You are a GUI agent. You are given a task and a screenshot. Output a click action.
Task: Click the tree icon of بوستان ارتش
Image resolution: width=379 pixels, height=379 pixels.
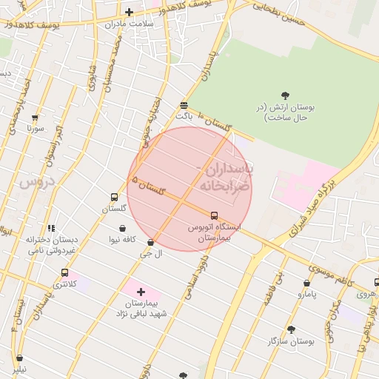pos(286,95)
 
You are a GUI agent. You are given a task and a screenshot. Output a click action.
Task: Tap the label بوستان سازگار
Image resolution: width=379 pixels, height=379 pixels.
pos(293,342)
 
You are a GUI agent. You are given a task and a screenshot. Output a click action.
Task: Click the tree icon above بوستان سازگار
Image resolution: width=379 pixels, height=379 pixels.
pos(291,329)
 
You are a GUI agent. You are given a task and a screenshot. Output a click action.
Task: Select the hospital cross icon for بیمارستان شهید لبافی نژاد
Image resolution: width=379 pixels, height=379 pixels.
pos(141,292)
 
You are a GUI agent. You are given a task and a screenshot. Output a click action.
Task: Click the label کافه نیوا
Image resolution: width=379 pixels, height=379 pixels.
pos(124,239)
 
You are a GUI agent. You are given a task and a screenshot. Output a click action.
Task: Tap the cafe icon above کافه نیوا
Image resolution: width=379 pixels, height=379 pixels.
pos(121,228)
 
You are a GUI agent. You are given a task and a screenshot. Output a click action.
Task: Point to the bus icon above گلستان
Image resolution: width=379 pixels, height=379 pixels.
pos(114,197)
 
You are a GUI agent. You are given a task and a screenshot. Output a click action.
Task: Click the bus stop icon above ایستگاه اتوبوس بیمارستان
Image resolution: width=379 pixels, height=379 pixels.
pos(215,215)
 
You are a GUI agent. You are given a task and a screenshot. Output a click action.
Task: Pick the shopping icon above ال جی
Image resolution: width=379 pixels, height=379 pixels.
pos(151,242)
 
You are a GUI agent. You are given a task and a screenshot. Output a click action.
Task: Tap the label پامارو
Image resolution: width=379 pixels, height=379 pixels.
pos(306,295)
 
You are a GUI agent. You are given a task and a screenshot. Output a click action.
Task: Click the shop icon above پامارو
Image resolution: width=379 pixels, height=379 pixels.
pos(306,283)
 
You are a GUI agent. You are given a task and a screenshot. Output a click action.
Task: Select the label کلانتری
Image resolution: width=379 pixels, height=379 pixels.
pos(64,284)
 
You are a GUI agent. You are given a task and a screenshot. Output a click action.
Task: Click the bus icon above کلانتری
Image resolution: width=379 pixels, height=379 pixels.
pos(65,272)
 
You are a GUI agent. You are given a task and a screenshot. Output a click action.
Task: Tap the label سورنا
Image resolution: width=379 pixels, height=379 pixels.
pos(35,128)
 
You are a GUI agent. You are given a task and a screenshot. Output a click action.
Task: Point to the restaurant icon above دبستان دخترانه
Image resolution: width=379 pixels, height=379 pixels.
pos(50,228)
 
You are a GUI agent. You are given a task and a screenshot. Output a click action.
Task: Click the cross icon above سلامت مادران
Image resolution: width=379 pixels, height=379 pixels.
pos(129,12)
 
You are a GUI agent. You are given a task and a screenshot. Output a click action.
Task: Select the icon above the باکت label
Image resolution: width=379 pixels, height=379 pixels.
pos(184,105)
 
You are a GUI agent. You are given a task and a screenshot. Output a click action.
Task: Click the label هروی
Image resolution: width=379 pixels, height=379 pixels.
pos(366,294)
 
